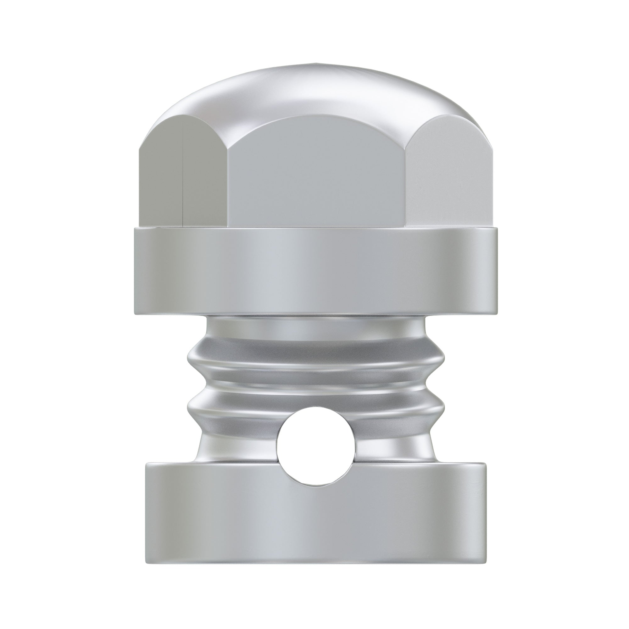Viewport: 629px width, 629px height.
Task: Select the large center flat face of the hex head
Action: [317, 176]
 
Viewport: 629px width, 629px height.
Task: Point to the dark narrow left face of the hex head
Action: [161, 179]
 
